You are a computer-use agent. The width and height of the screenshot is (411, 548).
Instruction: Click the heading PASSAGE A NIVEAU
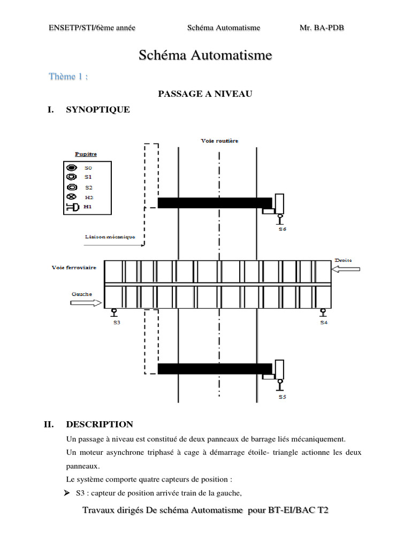(205, 94)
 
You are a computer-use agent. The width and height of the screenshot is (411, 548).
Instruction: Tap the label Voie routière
(219, 141)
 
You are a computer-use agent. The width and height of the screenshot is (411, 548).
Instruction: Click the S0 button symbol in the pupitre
(71, 168)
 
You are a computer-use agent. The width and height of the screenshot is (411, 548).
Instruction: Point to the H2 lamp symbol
(71, 197)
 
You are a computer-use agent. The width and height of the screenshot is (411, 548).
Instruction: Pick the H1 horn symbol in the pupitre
(72, 207)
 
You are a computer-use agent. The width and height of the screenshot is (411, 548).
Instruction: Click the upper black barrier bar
(215, 202)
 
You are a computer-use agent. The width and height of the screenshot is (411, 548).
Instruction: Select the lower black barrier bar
(215, 368)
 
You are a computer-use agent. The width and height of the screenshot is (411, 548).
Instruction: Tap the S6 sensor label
(283, 229)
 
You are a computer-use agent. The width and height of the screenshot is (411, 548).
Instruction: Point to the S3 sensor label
(115, 322)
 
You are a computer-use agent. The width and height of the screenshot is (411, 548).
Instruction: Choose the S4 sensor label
(323, 322)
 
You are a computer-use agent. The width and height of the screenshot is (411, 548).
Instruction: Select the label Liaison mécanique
(110, 236)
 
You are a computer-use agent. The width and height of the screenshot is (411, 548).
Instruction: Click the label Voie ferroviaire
(74, 268)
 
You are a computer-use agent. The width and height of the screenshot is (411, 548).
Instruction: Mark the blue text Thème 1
(68, 77)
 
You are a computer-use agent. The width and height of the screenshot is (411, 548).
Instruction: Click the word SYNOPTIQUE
(97, 110)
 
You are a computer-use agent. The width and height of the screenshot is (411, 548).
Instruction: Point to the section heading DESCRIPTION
(99, 424)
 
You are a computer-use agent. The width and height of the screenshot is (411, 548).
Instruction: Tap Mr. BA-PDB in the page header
(322, 28)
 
